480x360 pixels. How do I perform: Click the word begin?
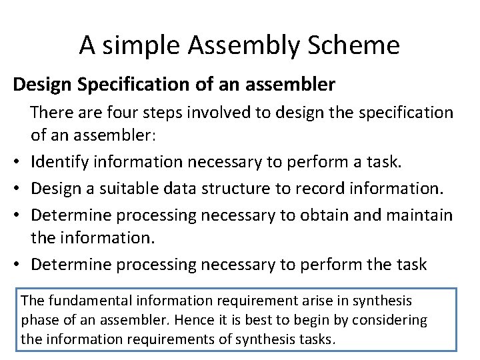(x=311, y=320)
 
